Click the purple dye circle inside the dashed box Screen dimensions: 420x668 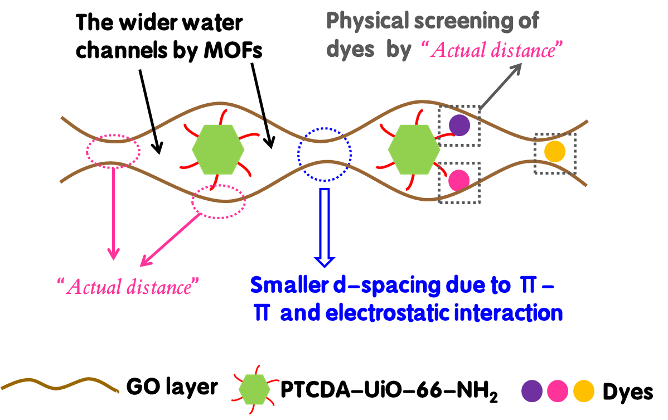pyautogui.click(x=459, y=125)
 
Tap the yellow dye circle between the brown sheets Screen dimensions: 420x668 pyautogui.click(x=554, y=152)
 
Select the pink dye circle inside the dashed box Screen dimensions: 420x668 pyautogui.click(x=459, y=180)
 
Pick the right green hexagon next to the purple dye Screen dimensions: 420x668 pyautogui.click(x=414, y=149)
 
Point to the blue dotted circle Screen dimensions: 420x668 pyautogui.click(x=325, y=154)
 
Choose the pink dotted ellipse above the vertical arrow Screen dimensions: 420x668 pyautogui.click(x=113, y=150)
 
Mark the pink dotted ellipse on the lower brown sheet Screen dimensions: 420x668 pyautogui.click(x=218, y=201)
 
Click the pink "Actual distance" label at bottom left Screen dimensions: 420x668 pyautogui.click(x=128, y=287)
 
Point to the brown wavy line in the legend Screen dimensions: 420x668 pyautogui.click(x=60, y=385)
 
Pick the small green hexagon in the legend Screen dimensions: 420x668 pyautogui.click(x=254, y=389)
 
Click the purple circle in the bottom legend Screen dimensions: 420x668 pyautogui.click(x=532, y=391)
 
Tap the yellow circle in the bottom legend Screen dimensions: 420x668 pyautogui.click(x=584, y=391)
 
